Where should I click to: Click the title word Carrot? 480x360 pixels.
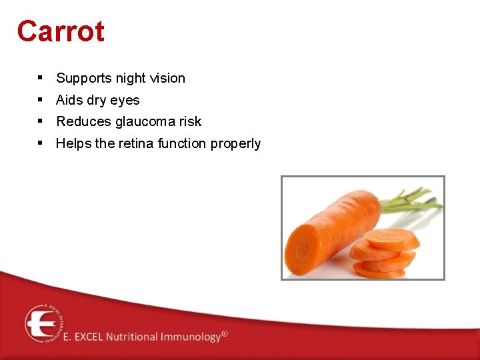pyautogui.click(x=61, y=31)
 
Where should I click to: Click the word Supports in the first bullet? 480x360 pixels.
pyautogui.click(x=84, y=79)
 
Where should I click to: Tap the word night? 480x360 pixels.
pyautogui.click(x=131, y=79)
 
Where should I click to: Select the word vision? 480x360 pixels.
pyautogui.click(x=168, y=78)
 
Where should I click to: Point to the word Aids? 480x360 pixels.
pyautogui.click(x=69, y=100)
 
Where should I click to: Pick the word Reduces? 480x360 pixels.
pyautogui.click(x=84, y=121)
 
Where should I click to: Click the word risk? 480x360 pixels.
pyautogui.click(x=189, y=121)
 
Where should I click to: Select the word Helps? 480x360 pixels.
pyautogui.click(x=74, y=143)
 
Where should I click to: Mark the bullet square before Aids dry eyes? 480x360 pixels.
pyautogui.click(x=41, y=99)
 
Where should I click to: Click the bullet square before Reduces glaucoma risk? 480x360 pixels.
pyautogui.click(x=41, y=121)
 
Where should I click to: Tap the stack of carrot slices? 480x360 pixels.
pyautogui.click(x=385, y=255)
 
